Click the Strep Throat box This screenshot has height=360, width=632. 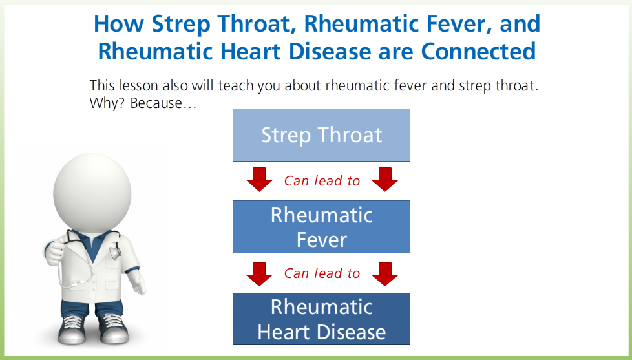pyautogui.click(x=321, y=135)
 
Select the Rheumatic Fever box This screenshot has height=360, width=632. pyautogui.click(x=321, y=227)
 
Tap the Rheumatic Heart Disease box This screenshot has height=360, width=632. pyautogui.click(x=321, y=319)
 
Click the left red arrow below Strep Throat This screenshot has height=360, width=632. pyautogui.click(x=259, y=180)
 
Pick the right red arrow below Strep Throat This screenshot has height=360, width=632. pyautogui.click(x=384, y=180)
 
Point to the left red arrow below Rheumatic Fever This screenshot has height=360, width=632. pyautogui.click(x=259, y=274)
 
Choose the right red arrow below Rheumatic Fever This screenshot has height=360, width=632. pyautogui.click(x=384, y=274)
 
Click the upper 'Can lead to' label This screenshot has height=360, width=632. pyautogui.click(x=322, y=181)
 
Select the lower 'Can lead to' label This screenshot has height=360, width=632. pyautogui.click(x=322, y=273)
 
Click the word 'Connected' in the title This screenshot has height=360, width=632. pyautogui.click(x=478, y=51)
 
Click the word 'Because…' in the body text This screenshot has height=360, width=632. pyautogui.click(x=163, y=103)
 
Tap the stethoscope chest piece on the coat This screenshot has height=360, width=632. pyautogui.click(x=115, y=252)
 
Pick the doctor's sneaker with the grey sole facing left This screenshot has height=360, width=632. pyautogui.click(x=72, y=329)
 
